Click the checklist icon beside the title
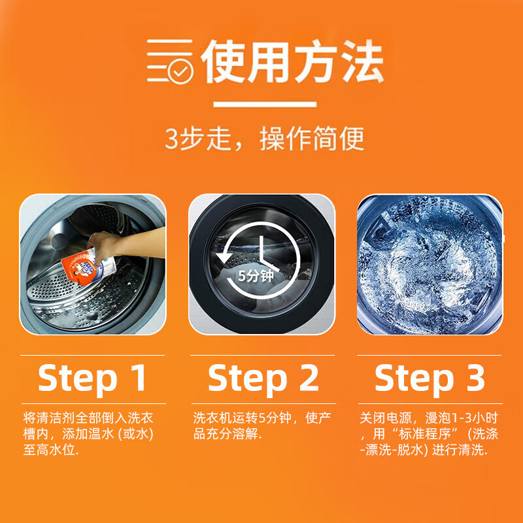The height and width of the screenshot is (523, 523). pos(169,62)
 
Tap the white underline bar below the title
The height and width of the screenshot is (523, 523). pos(265,104)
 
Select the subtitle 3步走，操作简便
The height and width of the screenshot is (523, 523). pos(264,139)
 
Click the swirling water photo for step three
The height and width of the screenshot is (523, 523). pos(430,264)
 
